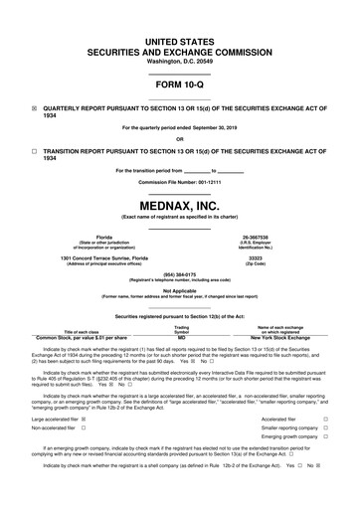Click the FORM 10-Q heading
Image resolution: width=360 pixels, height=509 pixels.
pos(180,84)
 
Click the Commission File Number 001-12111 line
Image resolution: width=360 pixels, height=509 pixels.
pos(180,183)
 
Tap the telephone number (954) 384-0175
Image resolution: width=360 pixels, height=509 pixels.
pos(180,274)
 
